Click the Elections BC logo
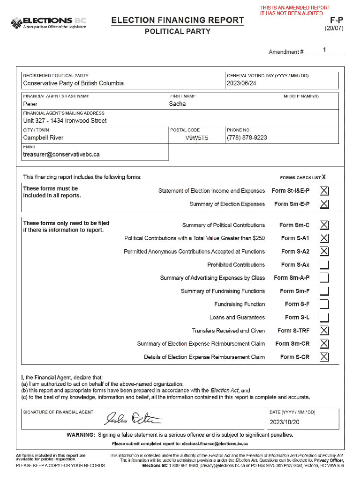(49, 23)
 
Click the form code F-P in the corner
(336, 20)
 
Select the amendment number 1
(324, 50)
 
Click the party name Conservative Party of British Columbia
(73, 83)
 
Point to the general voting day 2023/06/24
(241, 83)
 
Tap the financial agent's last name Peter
(30, 104)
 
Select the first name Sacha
(177, 104)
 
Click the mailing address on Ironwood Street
(65, 121)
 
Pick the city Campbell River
(43, 138)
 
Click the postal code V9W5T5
(196, 138)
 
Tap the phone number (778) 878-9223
(247, 138)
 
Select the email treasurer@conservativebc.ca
(61, 154)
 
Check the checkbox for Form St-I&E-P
(324, 191)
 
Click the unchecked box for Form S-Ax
(324, 265)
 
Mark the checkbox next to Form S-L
(324, 318)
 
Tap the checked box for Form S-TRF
(324, 331)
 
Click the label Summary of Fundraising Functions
(223, 291)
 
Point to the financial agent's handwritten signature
(133, 418)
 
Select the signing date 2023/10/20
(284, 422)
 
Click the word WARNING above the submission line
(81, 435)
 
